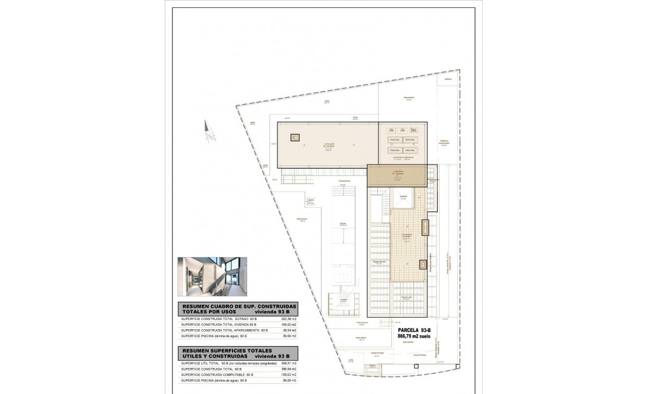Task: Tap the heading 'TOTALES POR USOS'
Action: tap(208, 312)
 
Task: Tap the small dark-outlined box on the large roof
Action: tap(295, 138)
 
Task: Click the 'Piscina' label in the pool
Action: tap(342, 224)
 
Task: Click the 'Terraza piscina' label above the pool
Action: tap(345, 181)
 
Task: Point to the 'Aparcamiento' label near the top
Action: tap(409, 97)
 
